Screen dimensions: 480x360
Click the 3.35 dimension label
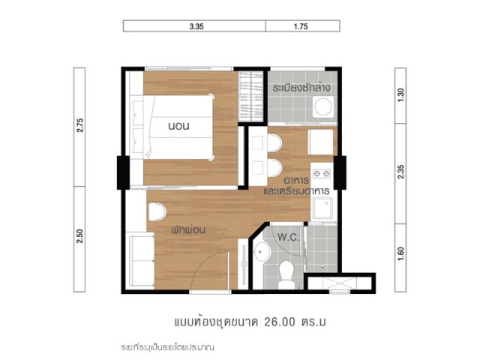pos(196,27)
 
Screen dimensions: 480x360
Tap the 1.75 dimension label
pos(301,27)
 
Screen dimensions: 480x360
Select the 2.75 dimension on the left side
pos(80,125)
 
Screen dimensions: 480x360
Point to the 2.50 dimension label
pos(80,235)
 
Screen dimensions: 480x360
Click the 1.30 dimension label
pos(400,95)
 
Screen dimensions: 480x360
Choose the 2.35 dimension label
pos(400,172)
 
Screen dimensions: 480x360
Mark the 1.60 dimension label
pos(400,253)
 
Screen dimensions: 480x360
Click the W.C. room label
pos(288,237)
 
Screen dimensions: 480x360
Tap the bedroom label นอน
pos(178,126)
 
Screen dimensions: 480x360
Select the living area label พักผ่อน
pos(188,229)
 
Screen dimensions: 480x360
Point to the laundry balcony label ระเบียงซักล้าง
pos(301,88)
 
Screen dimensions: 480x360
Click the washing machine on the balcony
pos(323,106)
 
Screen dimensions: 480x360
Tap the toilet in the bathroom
pos(286,274)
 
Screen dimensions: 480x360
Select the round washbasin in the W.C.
pos(262,252)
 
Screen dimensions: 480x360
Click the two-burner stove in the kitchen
pos(322,174)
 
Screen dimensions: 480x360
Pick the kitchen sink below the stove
pos(322,208)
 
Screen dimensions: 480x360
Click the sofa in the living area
pos(141,260)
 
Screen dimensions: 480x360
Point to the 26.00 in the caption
pos(280,322)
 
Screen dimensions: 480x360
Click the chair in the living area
pos(157,211)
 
